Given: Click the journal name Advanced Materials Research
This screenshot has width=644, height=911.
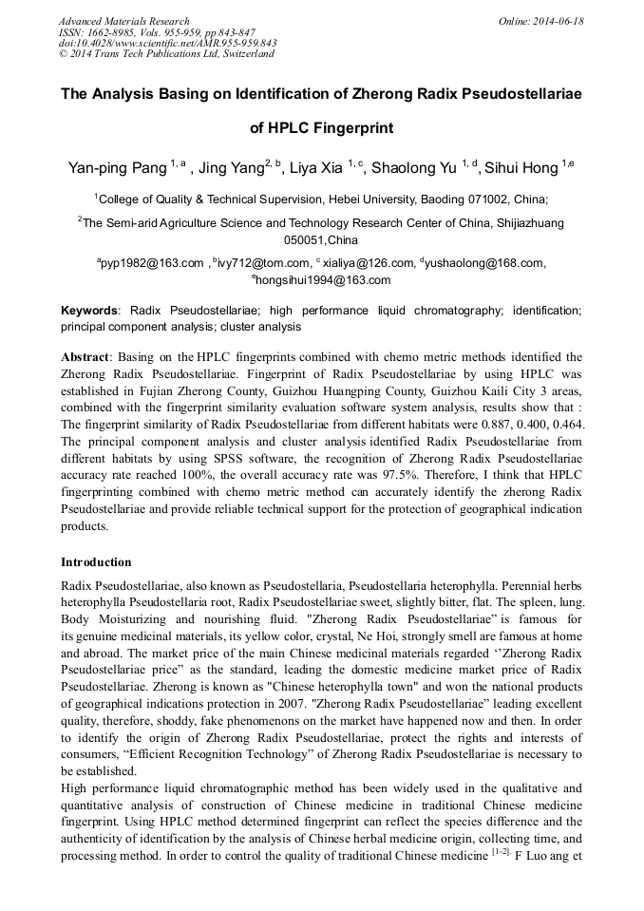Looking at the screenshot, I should point(123,21).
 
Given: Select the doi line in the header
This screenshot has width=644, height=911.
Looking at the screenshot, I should point(168,43).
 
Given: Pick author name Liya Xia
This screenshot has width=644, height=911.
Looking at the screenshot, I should point(315,169).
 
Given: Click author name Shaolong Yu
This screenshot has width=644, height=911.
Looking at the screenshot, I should point(414,169).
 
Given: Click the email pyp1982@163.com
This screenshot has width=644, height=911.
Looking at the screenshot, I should point(153,263).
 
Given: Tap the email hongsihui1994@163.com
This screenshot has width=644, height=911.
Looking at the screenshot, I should point(324,280).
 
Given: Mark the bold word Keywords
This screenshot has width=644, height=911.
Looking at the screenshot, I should point(90,311).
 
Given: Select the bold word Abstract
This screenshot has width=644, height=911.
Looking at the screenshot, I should point(85,357).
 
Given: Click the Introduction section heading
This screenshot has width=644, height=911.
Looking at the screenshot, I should point(96,562).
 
